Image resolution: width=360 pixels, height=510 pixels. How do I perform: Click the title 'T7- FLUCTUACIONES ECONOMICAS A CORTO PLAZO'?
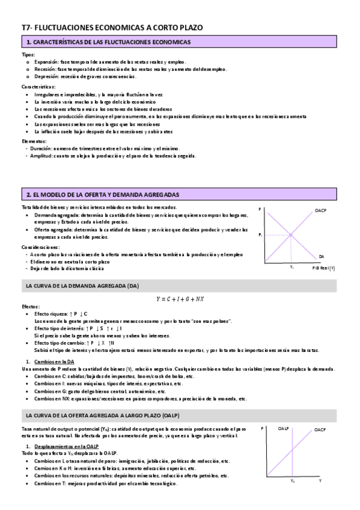tap(112, 27)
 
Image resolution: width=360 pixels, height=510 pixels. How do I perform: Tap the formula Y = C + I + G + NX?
tap(180, 299)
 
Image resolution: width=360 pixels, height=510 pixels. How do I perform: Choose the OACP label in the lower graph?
tap(320, 413)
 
